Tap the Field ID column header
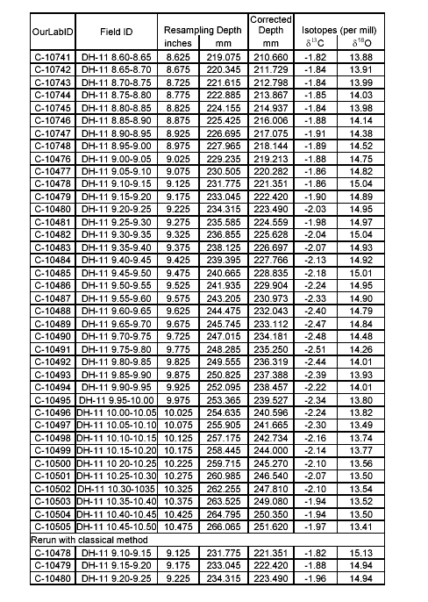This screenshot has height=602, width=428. click(x=117, y=30)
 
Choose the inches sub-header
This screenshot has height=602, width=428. click(x=179, y=43)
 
